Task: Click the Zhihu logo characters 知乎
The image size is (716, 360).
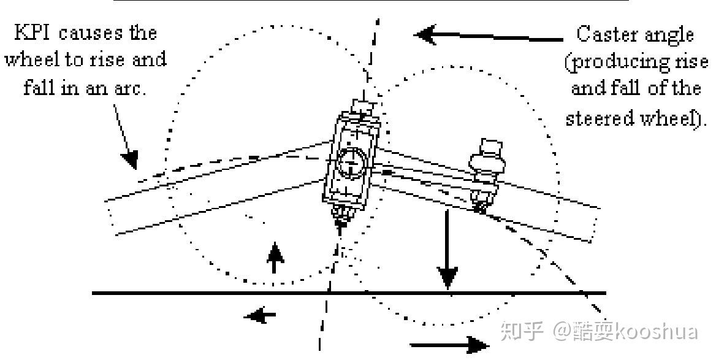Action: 522,332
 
